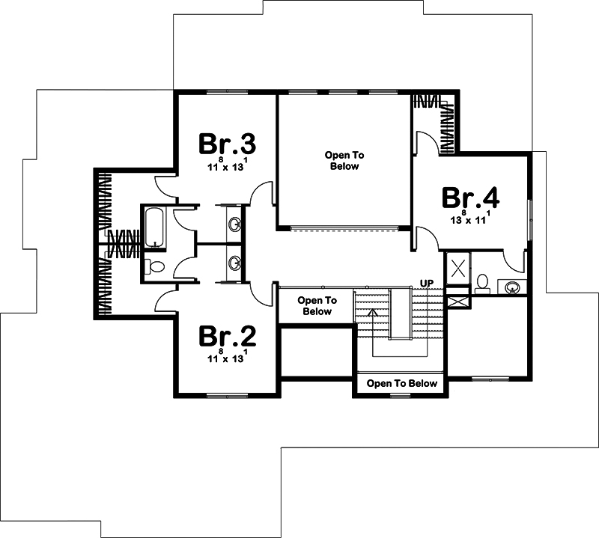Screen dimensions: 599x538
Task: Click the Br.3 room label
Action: click(227, 144)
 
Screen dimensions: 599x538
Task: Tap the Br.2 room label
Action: click(227, 336)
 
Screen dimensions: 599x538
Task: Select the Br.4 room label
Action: click(470, 198)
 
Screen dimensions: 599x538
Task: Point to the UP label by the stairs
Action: click(427, 284)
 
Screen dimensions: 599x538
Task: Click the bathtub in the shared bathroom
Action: click(155, 227)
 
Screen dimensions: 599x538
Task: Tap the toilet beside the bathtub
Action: click(155, 266)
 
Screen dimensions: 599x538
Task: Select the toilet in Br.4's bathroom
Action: click(482, 284)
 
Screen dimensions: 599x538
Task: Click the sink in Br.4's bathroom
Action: click(511, 287)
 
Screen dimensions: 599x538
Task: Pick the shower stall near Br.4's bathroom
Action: click(457, 268)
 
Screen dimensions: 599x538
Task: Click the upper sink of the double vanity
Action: click(234, 224)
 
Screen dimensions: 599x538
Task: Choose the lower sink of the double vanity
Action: click(234, 263)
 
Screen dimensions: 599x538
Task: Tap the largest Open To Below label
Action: click(344, 161)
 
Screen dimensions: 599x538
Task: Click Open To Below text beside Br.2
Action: click(317, 306)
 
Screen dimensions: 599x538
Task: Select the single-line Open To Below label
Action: click(401, 383)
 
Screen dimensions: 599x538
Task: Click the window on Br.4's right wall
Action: click(529, 220)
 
